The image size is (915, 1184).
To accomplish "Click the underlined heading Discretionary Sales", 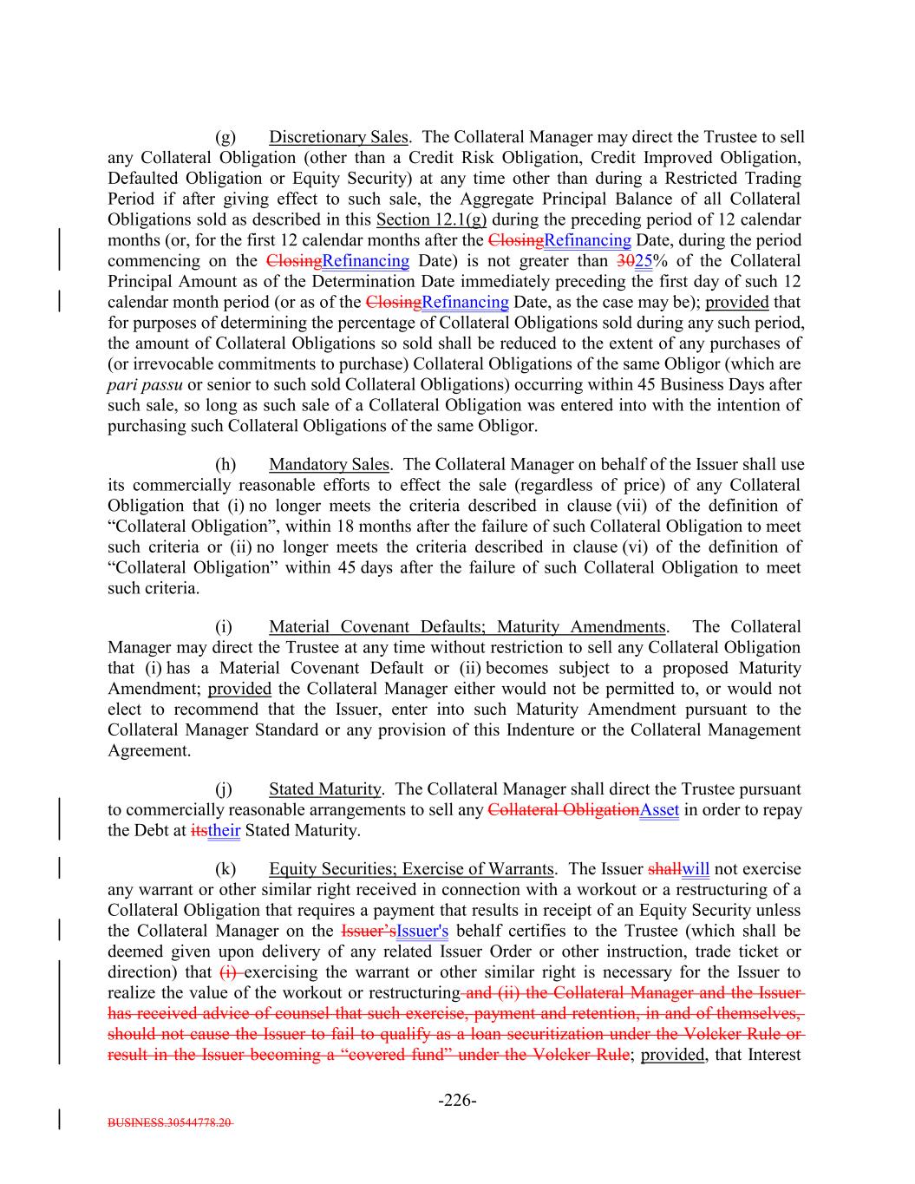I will [338, 137].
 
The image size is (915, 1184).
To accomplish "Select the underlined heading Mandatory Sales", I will [329, 465].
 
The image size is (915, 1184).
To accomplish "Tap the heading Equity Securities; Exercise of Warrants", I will [411, 869].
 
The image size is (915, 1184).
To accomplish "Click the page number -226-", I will [457, 1101].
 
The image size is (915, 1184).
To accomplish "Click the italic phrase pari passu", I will [145, 384].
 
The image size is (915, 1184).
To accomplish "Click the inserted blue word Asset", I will [659, 810].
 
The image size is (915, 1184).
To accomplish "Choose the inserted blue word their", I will [224, 831].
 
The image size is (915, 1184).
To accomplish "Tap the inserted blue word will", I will [696, 869].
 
